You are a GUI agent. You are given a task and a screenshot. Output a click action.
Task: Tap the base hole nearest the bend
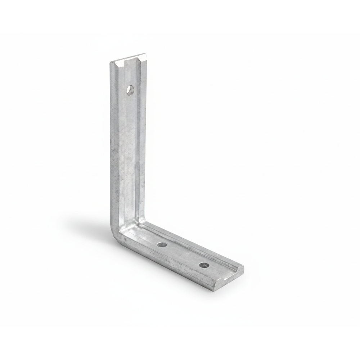[x=162, y=245]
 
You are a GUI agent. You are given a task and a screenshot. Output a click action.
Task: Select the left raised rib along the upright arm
[x=116, y=144]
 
